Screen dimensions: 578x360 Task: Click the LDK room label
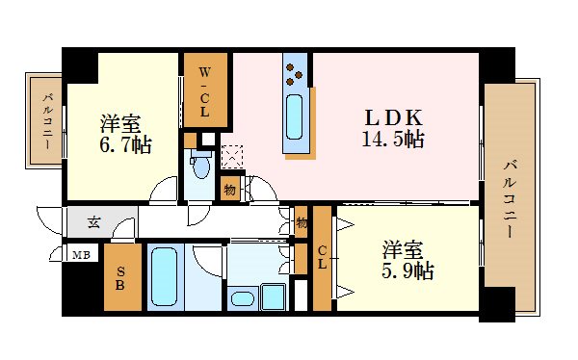point(393,117)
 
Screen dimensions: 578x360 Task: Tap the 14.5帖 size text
point(393,140)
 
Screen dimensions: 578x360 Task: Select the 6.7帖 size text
point(125,144)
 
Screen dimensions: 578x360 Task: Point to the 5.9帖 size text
point(407,270)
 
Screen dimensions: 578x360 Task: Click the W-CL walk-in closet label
point(204,92)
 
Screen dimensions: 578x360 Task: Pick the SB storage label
point(120,278)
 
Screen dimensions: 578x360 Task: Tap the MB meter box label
point(81,255)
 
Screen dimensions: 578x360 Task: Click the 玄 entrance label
point(93,222)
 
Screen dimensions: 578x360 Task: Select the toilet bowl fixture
point(201,165)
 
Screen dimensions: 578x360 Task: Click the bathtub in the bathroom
point(165,276)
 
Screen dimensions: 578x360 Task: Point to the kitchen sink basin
point(294,116)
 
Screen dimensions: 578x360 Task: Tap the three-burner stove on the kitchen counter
point(294,74)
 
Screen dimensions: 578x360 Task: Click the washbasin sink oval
point(243,298)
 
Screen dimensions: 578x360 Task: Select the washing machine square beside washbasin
point(274,296)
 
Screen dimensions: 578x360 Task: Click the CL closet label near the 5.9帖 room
point(322,257)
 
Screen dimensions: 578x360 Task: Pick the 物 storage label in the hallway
point(302,222)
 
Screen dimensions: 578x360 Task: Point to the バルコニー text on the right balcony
point(511,199)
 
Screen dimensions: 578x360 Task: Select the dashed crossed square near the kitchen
point(232,157)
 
